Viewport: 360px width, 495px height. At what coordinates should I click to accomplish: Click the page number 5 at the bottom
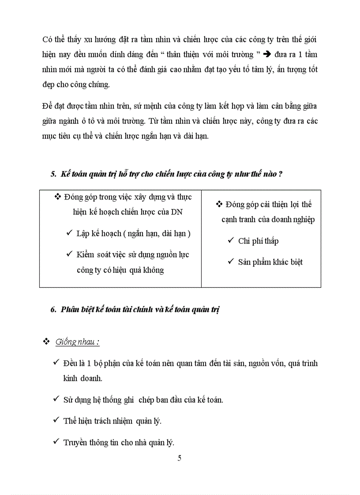(x=179, y=458)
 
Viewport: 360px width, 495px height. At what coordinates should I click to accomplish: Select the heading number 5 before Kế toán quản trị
(x=53, y=174)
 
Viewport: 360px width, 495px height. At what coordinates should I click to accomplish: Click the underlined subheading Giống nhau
(x=77, y=342)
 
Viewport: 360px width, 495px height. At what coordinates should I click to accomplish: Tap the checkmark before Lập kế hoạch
(x=69, y=233)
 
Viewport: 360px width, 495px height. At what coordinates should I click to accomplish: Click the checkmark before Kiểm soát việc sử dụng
(x=69, y=254)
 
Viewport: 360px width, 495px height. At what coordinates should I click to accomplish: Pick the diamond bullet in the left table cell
(x=57, y=197)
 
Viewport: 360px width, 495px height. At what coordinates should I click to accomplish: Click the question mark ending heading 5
(x=280, y=174)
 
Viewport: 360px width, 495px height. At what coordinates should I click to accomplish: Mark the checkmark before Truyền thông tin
(x=56, y=442)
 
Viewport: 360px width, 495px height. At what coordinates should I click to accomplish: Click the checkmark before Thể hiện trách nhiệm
(x=56, y=421)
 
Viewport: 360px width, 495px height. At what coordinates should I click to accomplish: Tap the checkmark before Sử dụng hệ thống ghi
(x=56, y=399)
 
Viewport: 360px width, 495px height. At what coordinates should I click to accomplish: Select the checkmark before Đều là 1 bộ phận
(x=56, y=363)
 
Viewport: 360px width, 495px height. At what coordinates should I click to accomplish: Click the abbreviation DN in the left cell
(x=177, y=212)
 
